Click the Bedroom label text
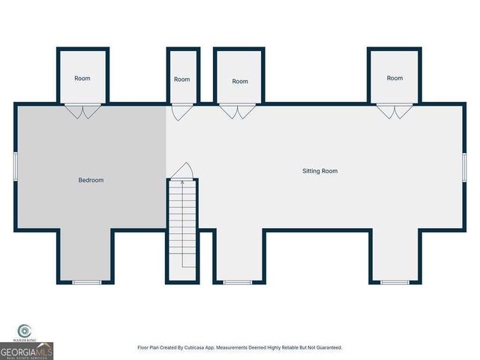tap(91, 180)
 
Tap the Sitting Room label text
tap(319, 171)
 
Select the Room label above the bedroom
tap(82, 78)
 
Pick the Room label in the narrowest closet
tap(182, 79)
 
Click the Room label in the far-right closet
tap(394, 78)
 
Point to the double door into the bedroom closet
tap(82, 112)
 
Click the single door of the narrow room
tap(180, 112)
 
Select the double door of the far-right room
tap(394, 112)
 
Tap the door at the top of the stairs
tap(182, 172)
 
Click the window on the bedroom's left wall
tap(15, 165)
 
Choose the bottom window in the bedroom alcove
tap(87, 282)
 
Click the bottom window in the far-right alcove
tap(394, 282)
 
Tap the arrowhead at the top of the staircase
tap(182, 182)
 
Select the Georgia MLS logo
tap(27, 350)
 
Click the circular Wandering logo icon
tap(24, 329)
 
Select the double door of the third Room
tap(239, 112)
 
